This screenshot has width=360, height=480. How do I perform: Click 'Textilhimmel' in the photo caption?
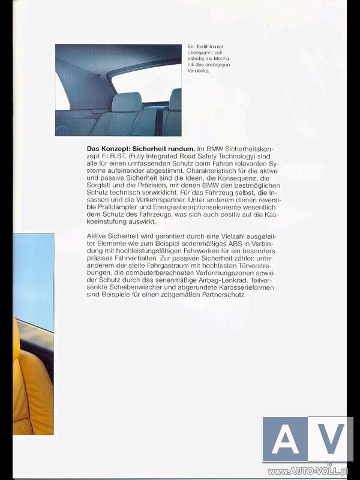(x=208, y=47)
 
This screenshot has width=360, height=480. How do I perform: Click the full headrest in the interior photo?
(x=127, y=101)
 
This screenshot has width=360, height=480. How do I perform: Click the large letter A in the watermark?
(x=284, y=439)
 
